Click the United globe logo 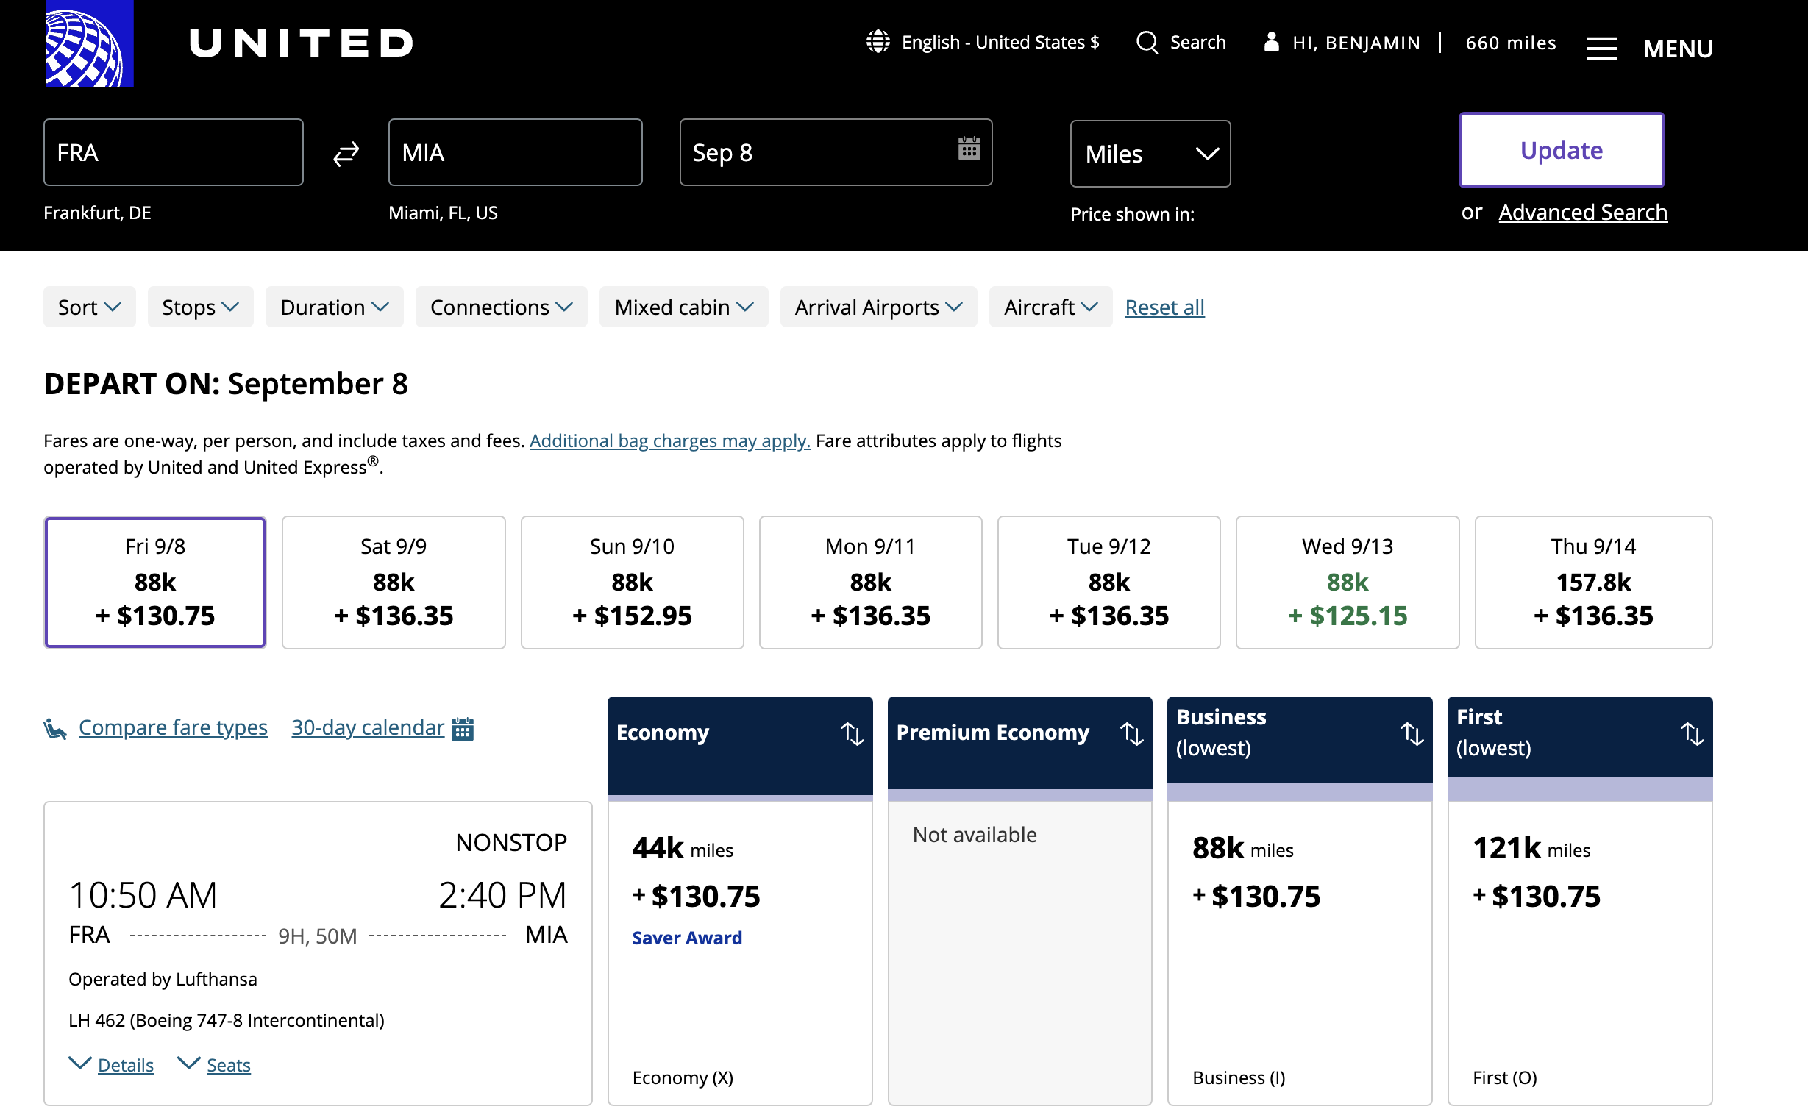click(x=89, y=43)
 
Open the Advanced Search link click(x=1582, y=213)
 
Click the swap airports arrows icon click(x=346, y=154)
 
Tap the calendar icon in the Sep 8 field click(x=969, y=149)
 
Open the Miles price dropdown click(x=1150, y=154)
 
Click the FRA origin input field click(x=174, y=153)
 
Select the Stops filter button click(x=201, y=307)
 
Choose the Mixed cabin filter click(x=683, y=307)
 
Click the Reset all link click(x=1164, y=307)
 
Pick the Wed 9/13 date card click(x=1347, y=582)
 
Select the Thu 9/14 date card click(x=1593, y=582)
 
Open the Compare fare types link click(x=173, y=727)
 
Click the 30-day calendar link click(x=367, y=727)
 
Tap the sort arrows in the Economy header click(x=852, y=733)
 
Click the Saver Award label click(x=687, y=937)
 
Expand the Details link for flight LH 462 click(x=125, y=1065)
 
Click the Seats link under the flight click(x=229, y=1065)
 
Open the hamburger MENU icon click(x=1601, y=49)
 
